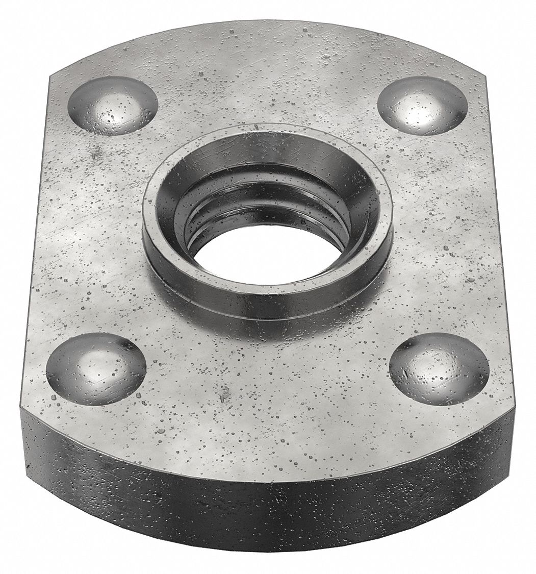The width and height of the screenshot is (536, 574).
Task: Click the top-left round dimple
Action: (x=113, y=105)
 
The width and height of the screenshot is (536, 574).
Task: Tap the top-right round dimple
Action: (x=423, y=106)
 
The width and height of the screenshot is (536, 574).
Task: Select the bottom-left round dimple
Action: (x=96, y=368)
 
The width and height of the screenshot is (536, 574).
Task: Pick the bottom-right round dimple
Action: (x=439, y=369)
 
